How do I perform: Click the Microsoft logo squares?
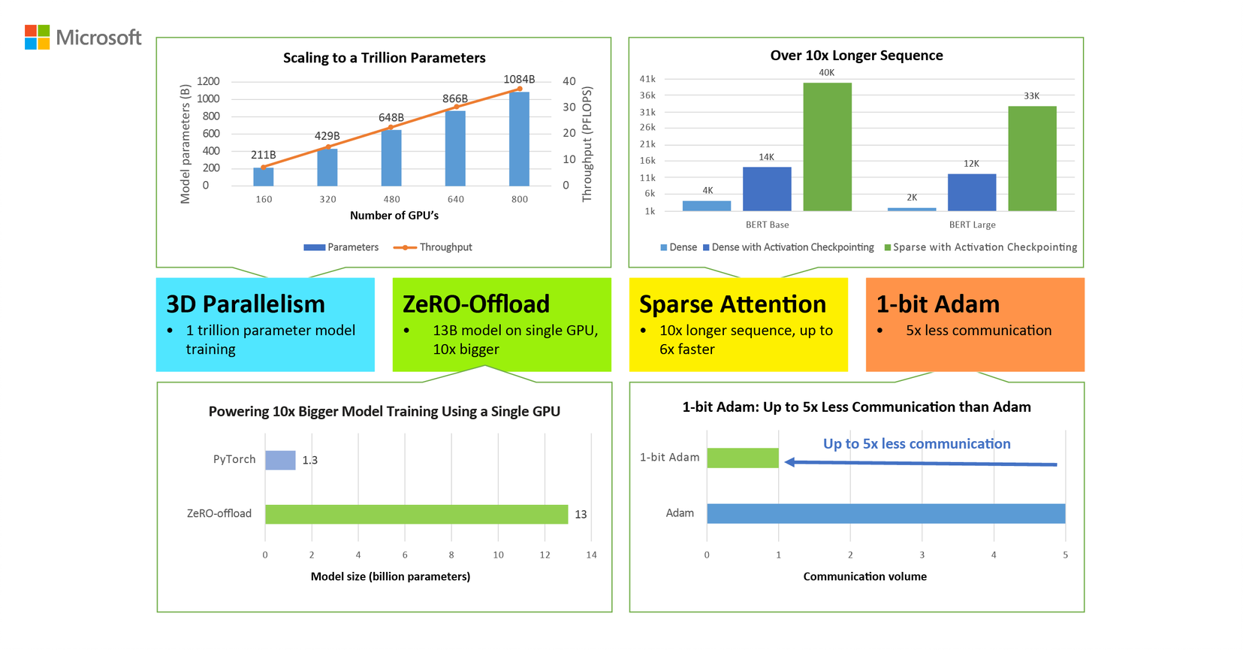(37, 37)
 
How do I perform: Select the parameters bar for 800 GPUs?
(519, 139)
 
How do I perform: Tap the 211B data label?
(263, 155)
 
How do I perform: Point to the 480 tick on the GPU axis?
(391, 199)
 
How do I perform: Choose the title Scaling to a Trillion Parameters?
(384, 58)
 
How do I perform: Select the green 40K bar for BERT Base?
(827, 147)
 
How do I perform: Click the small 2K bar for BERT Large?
(911, 209)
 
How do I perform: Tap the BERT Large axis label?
(972, 225)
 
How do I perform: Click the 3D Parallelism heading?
(246, 304)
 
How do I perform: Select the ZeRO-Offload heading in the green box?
(476, 304)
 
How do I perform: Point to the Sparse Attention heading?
(732, 304)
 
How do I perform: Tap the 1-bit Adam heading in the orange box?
(937, 304)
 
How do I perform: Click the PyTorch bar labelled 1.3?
(280, 460)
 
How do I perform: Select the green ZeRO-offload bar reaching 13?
(416, 514)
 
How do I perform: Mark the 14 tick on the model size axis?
(591, 555)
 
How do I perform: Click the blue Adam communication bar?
(885, 513)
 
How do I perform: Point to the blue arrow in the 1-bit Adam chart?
(920, 463)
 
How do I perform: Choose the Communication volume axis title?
(864, 576)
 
